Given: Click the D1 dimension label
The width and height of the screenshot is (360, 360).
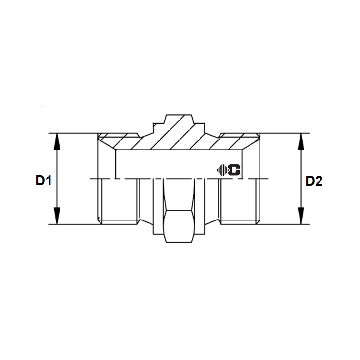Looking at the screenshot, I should click(43, 181).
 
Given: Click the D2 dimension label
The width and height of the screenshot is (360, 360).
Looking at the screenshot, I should click(314, 181).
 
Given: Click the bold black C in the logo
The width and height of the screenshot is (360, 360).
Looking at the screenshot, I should click(235, 169).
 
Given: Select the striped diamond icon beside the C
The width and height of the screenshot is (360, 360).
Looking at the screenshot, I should click(222, 169).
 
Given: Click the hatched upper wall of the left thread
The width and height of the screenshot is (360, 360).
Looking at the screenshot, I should click(117, 141).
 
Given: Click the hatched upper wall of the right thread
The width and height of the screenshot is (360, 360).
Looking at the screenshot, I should click(238, 141).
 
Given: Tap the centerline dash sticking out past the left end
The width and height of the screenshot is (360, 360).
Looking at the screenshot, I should click(92, 179).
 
